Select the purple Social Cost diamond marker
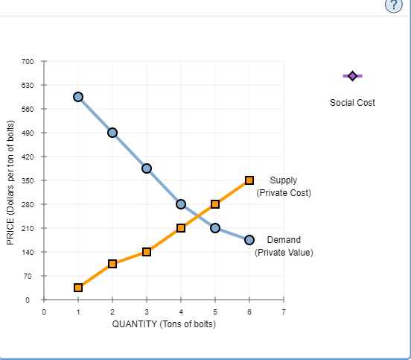[x=351, y=76]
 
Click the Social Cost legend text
[x=351, y=102]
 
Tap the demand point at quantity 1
[x=78, y=97]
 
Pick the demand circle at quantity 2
[x=112, y=133]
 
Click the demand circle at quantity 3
[x=147, y=168]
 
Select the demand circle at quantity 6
[x=249, y=240]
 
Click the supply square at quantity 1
[x=78, y=288]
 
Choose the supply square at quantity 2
[x=112, y=264]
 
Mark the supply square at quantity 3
[x=147, y=252]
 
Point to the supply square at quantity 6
[x=249, y=180]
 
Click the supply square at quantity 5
[x=215, y=204]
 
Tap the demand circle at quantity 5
[x=215, y=228]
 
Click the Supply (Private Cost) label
[x=283, y=186]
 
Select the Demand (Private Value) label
[x=284, y=246]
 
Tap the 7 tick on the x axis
[x=284, y=311]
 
